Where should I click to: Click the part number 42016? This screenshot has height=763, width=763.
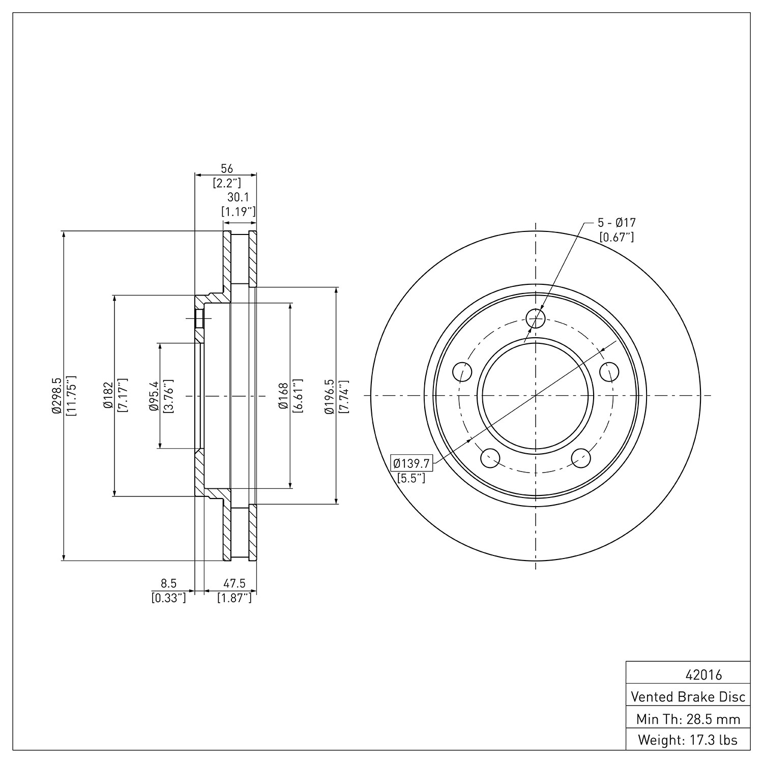[x=703, y=675]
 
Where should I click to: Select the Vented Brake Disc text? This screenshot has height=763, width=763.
[x=688, y=697]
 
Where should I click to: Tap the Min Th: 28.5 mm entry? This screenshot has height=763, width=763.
[x=688, y=719]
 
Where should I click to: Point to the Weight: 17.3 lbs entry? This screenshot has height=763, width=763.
[x=688, y=740]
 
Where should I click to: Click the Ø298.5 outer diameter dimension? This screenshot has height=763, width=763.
[x=56, y=396]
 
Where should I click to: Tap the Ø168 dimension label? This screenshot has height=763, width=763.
[x=283, y=396]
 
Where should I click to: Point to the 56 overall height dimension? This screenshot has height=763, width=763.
[x=226, y=168]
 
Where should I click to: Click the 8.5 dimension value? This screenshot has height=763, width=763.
[x=168, y=584]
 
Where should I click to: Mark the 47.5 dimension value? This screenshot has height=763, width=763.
[x=234, y=584]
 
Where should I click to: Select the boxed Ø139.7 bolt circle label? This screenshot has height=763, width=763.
[x=411, y=463]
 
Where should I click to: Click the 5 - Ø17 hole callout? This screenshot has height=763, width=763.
[x=617, y=222]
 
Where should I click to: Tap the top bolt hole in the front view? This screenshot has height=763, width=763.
[x=536, y=319]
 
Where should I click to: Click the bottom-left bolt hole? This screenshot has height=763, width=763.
[x=489, y=458]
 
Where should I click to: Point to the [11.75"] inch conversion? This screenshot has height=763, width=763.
[x=71, y=396]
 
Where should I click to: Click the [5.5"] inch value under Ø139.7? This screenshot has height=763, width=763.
[x=411, y=478]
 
